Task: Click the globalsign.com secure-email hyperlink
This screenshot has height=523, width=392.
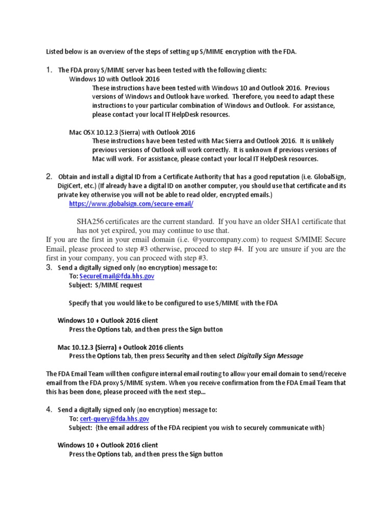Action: [x=131, y=203]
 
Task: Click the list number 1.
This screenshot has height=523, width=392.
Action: [x=49, y=69]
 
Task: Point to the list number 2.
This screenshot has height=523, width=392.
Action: [x=49, y=176]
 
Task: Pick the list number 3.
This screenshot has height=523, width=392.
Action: [x=49, y=267]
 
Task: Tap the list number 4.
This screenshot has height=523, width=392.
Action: [x=49, y=410]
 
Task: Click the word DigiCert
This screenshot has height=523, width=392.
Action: [x=71, y=186]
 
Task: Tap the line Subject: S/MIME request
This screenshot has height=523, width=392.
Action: [x=106, y=286]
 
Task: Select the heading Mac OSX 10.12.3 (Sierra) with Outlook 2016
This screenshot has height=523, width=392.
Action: [x=132, y=132]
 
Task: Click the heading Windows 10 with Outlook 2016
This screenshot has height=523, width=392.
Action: [x=114, y=79]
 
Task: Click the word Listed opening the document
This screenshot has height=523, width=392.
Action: [x=56, y=52]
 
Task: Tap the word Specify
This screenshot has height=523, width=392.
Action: [x=81, y=303]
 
